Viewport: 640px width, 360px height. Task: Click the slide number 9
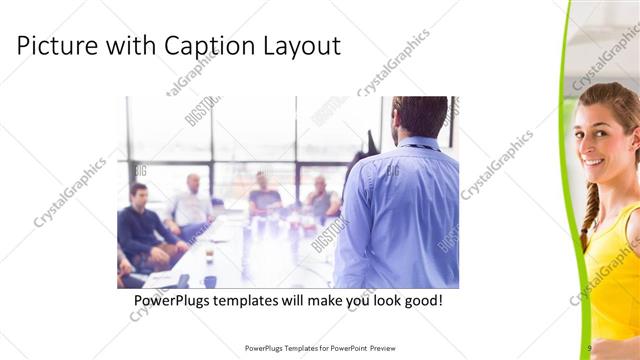590,348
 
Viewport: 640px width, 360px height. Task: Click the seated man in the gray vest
321,200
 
